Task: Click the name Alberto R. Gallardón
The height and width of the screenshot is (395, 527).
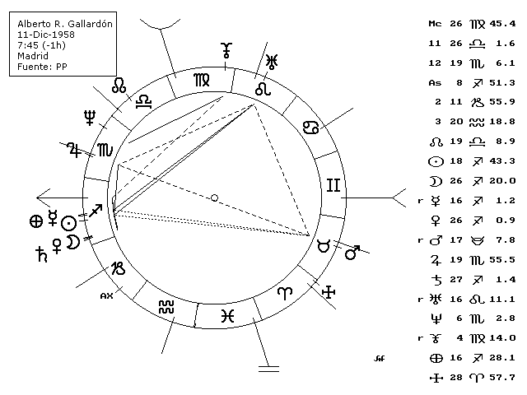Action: click(x=65, y=25)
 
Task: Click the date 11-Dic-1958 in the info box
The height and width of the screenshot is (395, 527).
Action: click(x=45, y=35)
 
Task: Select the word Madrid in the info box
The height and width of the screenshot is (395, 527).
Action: click(x=34, y=57)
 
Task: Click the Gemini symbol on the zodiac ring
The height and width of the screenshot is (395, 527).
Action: click(x=333, y=186)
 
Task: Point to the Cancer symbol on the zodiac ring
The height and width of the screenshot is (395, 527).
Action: click(x=313, y=128)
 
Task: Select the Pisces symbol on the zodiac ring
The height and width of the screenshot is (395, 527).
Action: click(x=228, y=316)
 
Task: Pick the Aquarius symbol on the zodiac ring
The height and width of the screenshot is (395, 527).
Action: click(x=167, y=306)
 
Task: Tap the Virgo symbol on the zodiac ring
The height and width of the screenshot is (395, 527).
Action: click(x=202, y=79)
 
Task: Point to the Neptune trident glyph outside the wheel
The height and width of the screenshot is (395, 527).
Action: click(x=89, y=118)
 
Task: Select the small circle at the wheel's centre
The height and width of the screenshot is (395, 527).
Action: click(x=214, y=197)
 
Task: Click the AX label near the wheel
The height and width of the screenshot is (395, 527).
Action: click(x=105, y=294)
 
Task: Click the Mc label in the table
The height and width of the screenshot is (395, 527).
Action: click(x=436, y=24)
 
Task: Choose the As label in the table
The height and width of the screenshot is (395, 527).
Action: click(x=436, y=82)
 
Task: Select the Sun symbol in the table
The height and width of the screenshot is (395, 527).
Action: click(x=436, y=161)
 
